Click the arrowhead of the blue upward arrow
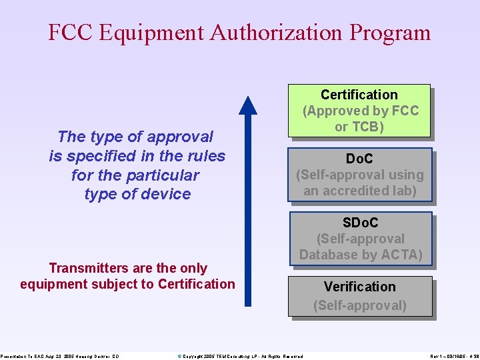(248, 105)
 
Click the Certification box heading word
(359, 95)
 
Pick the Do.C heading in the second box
(359, 159)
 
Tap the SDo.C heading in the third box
(360, 223)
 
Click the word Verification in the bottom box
(360, 287)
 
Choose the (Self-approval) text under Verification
(360, 305)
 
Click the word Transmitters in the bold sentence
(89, 268)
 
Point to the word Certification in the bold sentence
(197, 284)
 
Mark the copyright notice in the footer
(240, 357)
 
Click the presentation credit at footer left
(60, 357)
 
